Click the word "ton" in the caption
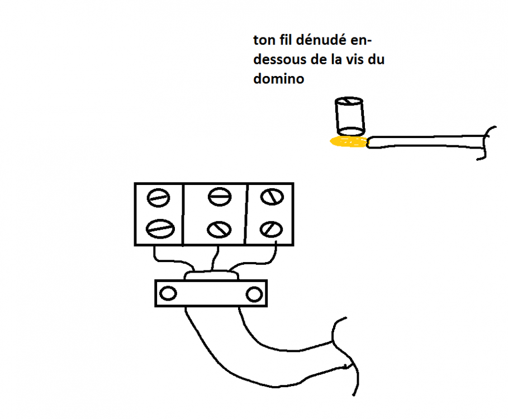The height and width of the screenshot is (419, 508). coord(264,40)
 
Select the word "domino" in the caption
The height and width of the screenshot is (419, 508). coord(279,78)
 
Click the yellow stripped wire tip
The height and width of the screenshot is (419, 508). coord(349,142)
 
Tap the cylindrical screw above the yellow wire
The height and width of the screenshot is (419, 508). coord(350,116)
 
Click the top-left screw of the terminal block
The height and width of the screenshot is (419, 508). coord(158,198)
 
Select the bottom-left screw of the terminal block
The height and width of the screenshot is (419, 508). coord(160,228)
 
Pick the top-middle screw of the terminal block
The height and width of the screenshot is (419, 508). coord(220,197)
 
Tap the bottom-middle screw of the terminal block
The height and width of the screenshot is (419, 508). coord(219,230)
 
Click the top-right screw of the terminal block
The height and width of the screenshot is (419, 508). coord(272,197)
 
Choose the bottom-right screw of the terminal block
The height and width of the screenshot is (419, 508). coord(272,229)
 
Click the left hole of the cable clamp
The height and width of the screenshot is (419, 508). coord(168,294)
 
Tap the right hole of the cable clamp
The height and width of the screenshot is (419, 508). coord(254,294)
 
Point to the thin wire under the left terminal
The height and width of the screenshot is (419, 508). coord(172,260)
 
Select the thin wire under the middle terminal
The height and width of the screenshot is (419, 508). coord(215,258)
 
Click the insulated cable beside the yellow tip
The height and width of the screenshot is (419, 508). coord(428,142)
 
